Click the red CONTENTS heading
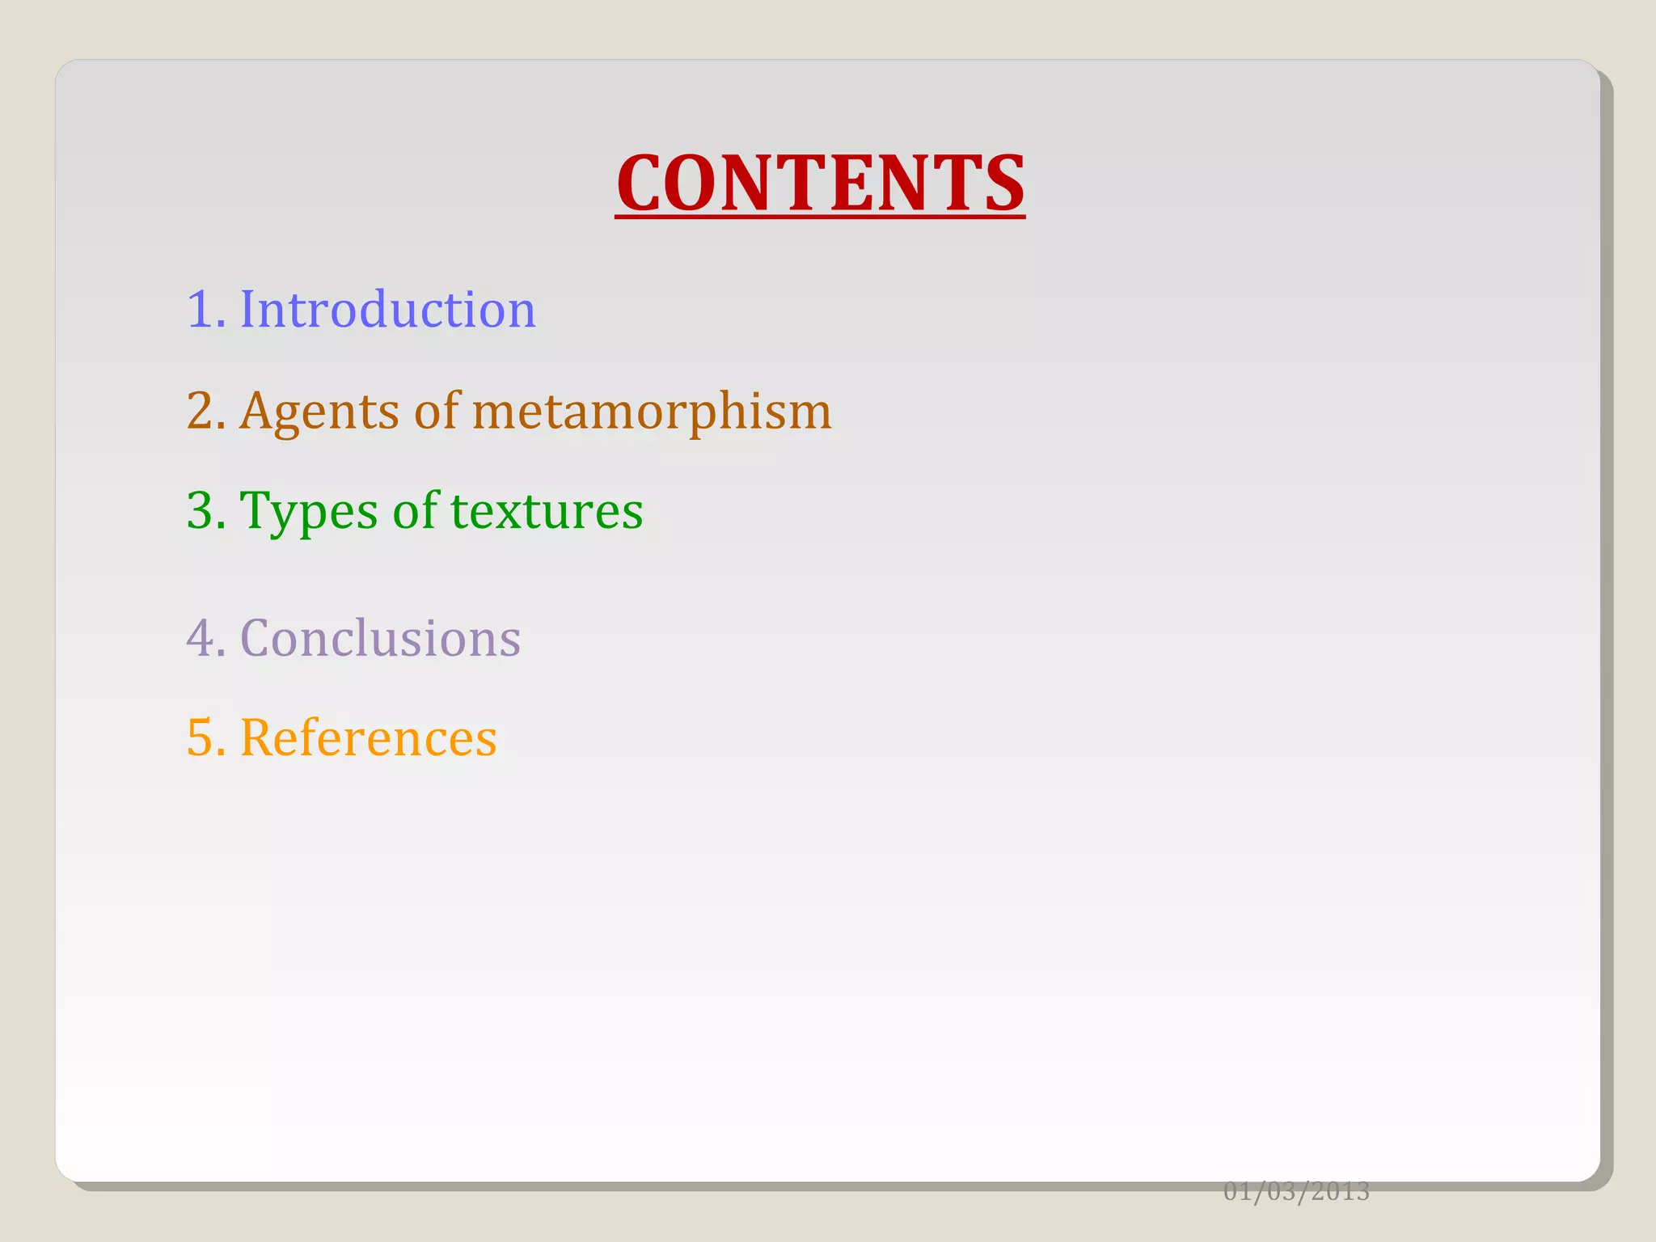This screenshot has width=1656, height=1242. [x=820, y=184]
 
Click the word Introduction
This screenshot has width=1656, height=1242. [x=387, y=310]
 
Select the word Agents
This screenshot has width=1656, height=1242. [x=320, y=412]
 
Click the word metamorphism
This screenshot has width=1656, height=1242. [x=652, y=412]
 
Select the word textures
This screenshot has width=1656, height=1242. [x=547, y=512]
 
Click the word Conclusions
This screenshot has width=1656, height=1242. [x=380, y=639]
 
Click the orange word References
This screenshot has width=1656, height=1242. [x=369, y=738]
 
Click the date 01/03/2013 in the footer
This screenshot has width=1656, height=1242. [x=1296, y=1191]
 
